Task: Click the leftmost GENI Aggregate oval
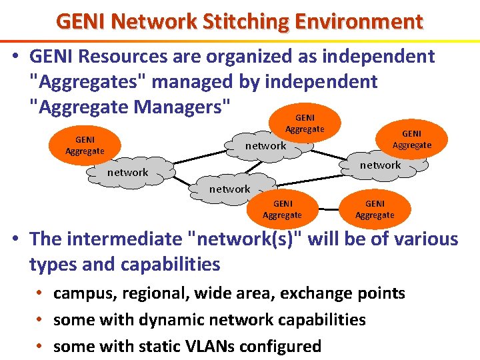point(85,145)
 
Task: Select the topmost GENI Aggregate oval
point(305,123)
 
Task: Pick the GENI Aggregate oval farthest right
point(411,139)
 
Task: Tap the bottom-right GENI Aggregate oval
point(375,209)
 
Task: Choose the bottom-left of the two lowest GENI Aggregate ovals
point(282,209)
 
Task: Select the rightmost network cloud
point(380,165)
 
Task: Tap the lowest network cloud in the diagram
point(229,189)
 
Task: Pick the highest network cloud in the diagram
point(265,145)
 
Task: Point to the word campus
point(82,293)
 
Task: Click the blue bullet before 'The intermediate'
point(15,239)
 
